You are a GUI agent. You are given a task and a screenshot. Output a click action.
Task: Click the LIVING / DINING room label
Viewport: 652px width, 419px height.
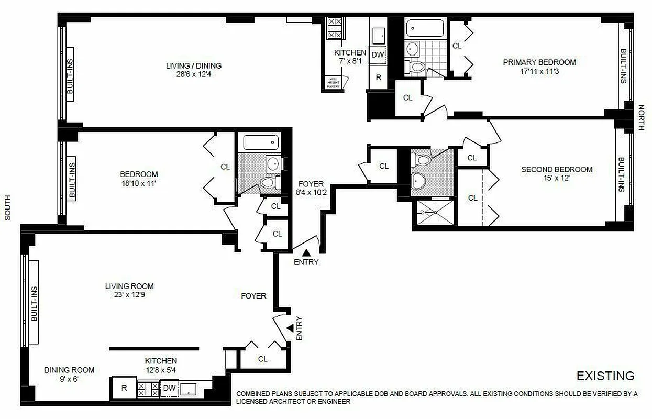click(x=193, y=65)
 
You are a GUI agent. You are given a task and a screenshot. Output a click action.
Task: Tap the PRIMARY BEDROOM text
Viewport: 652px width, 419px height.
click(x=539, y=62)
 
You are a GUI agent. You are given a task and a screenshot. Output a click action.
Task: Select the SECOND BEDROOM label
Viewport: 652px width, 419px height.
click(x=557, y=169)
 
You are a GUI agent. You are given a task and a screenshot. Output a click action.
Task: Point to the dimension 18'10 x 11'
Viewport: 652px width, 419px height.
click(x=138, y=183)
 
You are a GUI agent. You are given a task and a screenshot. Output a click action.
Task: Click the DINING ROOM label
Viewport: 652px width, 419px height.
click(x=69, y=370)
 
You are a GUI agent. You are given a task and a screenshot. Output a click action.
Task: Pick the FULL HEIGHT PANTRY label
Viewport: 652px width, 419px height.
click(x=334, y=82)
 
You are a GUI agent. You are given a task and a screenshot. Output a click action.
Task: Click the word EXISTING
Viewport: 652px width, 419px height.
click(x=605, y=376)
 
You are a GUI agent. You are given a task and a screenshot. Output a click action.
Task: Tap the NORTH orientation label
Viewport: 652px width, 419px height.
click(x=641, y=117)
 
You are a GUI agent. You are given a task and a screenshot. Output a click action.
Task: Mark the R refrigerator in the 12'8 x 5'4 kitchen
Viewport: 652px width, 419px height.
click(x=124, y=388)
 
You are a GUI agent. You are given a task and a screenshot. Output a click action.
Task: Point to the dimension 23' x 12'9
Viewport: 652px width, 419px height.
click(x=129, y=295)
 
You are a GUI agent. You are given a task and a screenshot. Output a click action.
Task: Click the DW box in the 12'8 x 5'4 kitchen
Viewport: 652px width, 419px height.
click(x=169, y=388)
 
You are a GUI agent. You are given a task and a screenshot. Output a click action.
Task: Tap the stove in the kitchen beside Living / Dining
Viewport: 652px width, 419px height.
click(x=334, y=28)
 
